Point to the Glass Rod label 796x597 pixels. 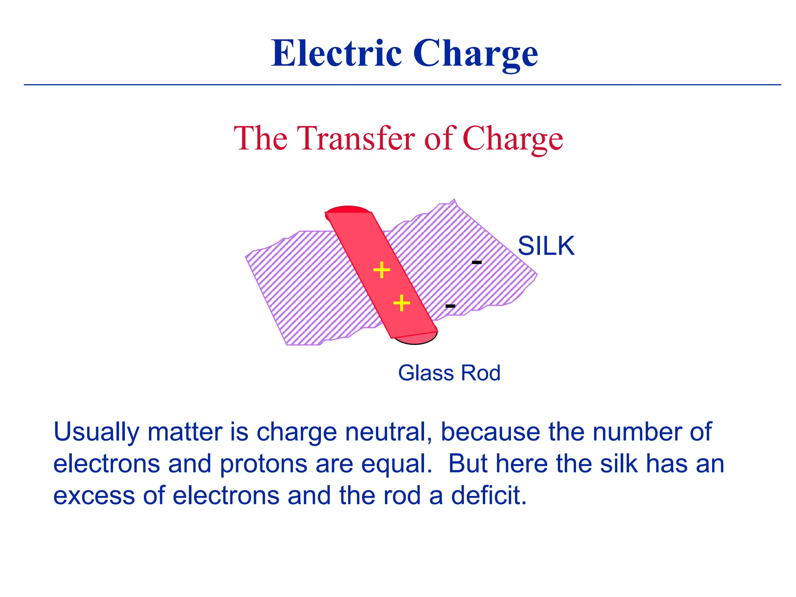(449, 373)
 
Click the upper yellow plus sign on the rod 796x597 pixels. (381, 269)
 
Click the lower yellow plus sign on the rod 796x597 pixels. (401, 303)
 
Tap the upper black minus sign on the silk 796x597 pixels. (477, 263)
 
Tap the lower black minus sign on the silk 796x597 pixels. (450, 306)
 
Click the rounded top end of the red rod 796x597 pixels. (348, 210)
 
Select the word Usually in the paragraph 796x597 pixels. (96, 432)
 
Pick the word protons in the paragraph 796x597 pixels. (264, 464)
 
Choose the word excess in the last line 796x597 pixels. (94, 496)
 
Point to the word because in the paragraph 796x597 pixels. (490, 432)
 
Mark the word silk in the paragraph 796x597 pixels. (618, 464)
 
